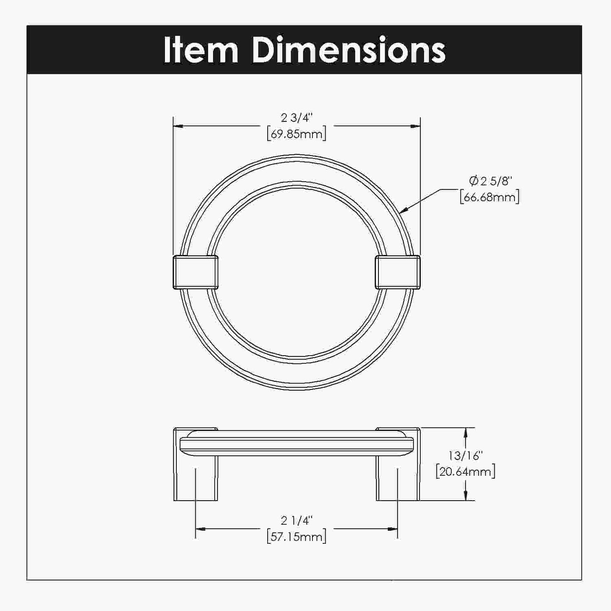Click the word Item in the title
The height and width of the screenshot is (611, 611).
click(x=200, y=50)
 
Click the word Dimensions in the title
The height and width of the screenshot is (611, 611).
click(x=348, y=50)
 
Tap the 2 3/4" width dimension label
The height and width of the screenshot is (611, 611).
click(x=296, y=118)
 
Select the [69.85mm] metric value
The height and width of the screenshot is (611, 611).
click(x=296, y=134)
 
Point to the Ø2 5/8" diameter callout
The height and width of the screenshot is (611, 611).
click(x=490, y=181)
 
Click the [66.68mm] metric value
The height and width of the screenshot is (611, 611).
click(x=490, y=197)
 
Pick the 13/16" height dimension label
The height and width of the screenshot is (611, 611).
click(x=466, y=455)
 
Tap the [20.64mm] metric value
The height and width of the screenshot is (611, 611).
click(x=466, y=471)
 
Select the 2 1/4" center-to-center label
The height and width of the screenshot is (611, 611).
click(x=296, y=520)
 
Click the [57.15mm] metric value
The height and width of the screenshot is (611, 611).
click(x=296, y=537)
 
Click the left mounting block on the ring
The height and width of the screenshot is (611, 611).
click(x=195, y=272)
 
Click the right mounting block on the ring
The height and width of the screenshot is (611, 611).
click(x=397, y=272)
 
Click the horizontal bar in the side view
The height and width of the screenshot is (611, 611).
click(x=296, y=443)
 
